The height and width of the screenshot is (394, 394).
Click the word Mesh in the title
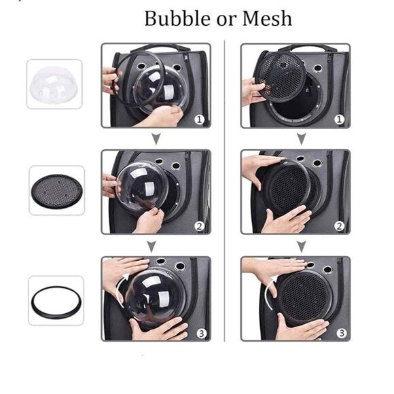tap(267, 18)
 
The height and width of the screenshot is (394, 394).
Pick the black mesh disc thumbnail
tap(57, 190)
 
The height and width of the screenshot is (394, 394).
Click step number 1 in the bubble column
tap(199, 120)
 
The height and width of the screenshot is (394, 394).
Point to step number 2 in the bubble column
tap(199, 226)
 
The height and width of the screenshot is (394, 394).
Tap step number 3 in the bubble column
tap(201, 333)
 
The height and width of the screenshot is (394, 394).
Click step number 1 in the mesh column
tap(339, 120)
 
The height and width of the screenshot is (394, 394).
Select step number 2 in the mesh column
tap(339, 226)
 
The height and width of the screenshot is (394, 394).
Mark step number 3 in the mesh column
tap(341, 333)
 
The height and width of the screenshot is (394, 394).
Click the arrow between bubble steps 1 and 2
tap(156, 139)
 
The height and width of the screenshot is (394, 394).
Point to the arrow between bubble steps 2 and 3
tap(151, 246)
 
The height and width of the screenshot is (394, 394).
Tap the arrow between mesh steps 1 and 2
tap(302, 139)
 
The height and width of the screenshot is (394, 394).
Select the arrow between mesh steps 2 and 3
tap(302, 246)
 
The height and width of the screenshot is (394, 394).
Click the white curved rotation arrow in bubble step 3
tap(120, 289)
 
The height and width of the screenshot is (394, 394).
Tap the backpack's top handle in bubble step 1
tap(161, 48)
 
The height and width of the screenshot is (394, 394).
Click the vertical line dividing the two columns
tap(224, 190)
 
